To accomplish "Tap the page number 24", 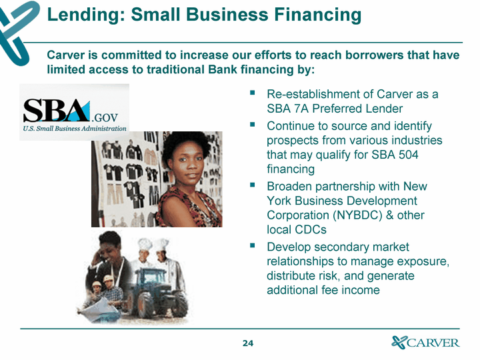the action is click(x=248, y=343).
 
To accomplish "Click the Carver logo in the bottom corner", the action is click(x=425, y=342).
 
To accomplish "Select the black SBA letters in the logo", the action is click(x=55, y=110).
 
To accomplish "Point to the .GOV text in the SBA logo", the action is click(x=105, y=117).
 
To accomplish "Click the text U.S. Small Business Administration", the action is click(x=75, y=129).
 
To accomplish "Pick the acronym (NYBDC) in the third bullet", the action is click(x=357, y=215).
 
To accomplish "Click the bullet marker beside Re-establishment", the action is click(x=252, y=93).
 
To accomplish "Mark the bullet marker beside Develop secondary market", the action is click(x=252, y=245).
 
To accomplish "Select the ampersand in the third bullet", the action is click(x=390, y=215).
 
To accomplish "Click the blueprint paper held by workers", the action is click(x=99, y=309).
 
